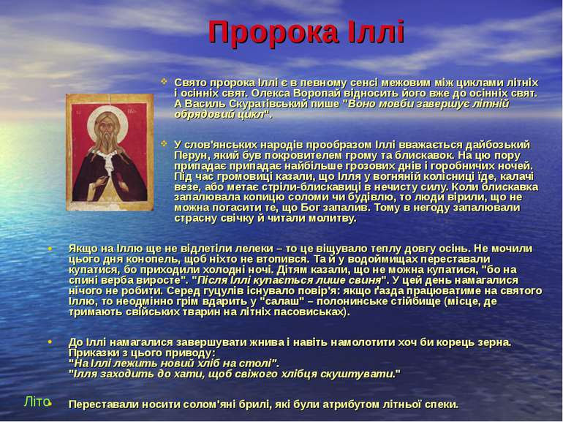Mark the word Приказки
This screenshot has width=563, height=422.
[x=91, y=353]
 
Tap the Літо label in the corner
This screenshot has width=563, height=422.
[x=35, y=402]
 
